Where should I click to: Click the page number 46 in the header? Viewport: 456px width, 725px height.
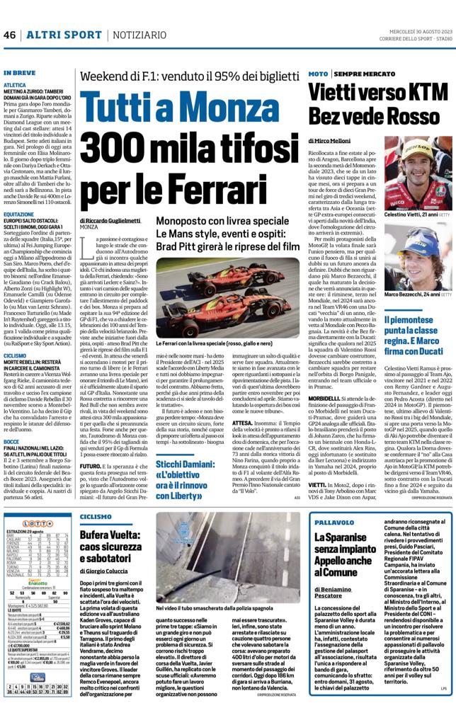pyautogui.click(x=9, y=35)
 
